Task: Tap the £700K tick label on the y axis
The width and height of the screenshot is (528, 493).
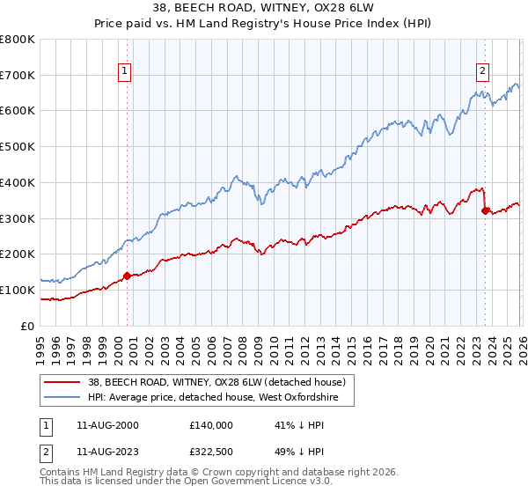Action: click(18, 76)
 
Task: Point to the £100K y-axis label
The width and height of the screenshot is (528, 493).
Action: click(18, 290)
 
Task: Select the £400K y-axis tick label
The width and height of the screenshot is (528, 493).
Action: click(18, 182)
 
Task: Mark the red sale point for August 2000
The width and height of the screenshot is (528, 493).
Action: click(127, 276)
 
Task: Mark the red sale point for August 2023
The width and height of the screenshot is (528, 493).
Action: click(485, 210)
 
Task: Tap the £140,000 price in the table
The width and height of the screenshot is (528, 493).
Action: click(211, 424)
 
